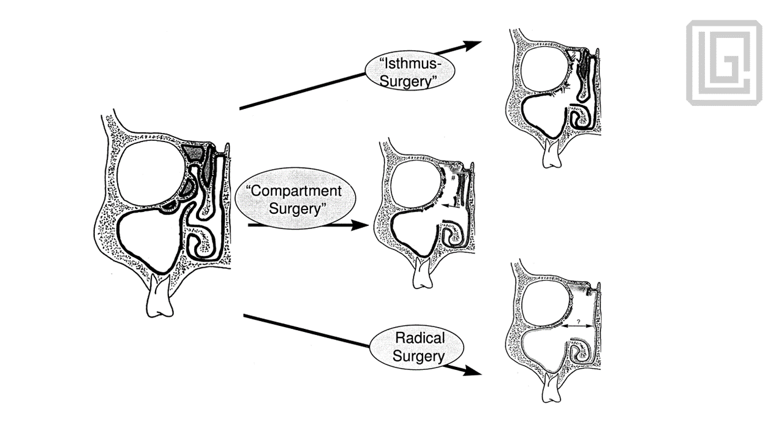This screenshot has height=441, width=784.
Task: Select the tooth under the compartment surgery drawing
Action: pos(422,274)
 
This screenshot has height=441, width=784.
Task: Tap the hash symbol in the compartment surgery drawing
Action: pos(453,178)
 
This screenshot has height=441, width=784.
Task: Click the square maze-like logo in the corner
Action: pos(723,62)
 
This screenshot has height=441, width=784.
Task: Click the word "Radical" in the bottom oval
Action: pos(420,337)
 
